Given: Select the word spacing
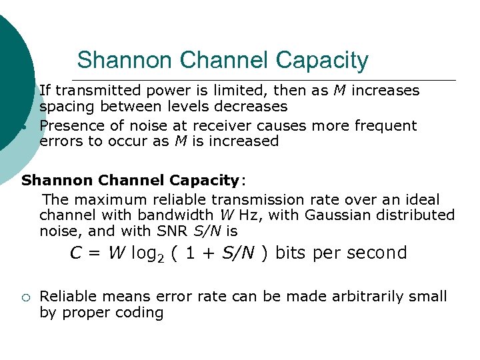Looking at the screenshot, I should click(65, 107).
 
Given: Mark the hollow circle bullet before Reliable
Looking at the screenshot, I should click(23, 297).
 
